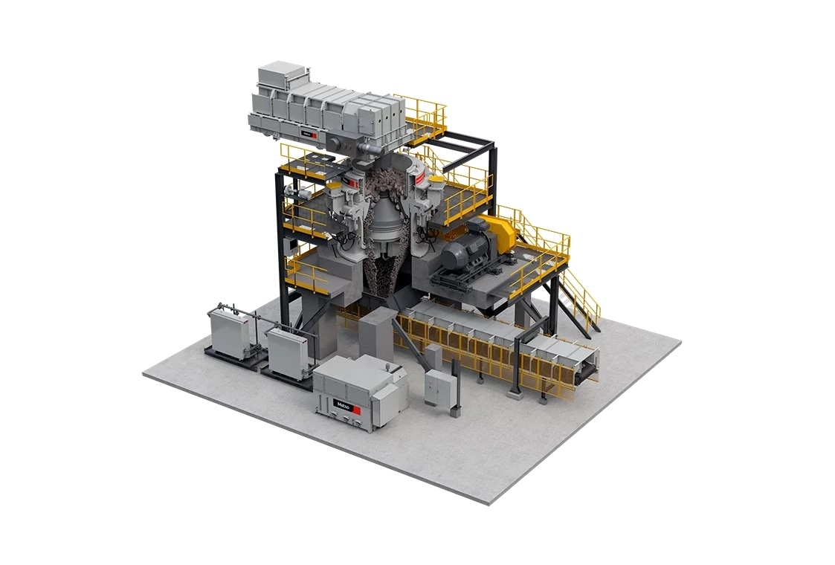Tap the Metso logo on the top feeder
pos(309,135)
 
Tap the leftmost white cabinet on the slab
pos(228,334)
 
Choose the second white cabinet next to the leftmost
pos(287,352)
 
